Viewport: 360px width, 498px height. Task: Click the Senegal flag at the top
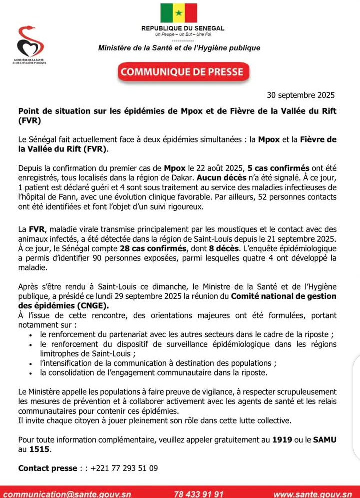coord(179,13)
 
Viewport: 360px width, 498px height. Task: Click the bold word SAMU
coord(325,440)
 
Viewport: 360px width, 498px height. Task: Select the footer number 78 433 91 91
coord(198,494)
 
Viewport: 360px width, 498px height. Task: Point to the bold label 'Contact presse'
coord(48,468)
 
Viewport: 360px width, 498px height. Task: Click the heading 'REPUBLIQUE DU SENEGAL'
coord(182,29)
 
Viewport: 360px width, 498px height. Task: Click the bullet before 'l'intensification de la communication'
coord(32,364)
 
